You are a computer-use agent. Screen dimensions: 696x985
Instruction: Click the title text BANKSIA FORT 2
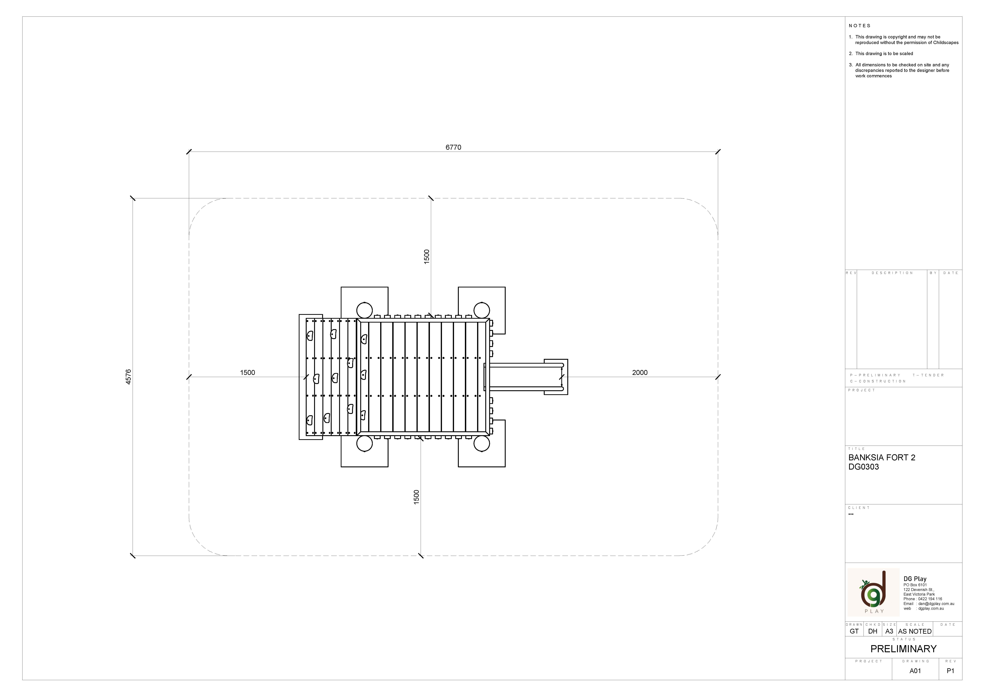(x=882, y=458)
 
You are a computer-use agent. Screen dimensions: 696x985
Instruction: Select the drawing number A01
(x=915, y=671)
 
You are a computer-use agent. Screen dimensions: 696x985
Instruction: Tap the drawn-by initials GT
(x=854, y=631)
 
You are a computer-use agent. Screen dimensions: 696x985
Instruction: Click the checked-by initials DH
(x=873, y=631)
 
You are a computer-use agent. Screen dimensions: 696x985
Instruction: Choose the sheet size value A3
(x=889, y=631)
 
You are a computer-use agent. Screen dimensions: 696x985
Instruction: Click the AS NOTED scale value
(x=915, y=631)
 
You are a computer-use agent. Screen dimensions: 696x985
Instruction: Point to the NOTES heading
(x=859, y=26)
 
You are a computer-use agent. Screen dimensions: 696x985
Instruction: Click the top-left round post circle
(x=364, y=310)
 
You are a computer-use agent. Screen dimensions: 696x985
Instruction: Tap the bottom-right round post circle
(x=481, y=444)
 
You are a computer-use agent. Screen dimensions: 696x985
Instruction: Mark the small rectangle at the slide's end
(x=556, y=377)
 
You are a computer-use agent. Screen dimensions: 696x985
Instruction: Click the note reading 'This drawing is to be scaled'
(x=884, y=54)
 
